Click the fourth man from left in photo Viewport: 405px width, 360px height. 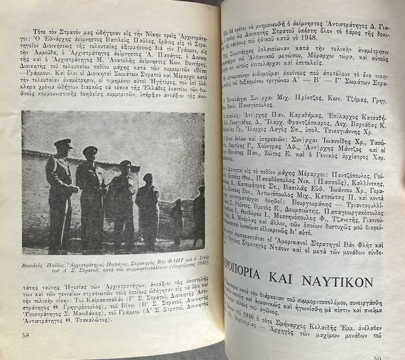point(147,208)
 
